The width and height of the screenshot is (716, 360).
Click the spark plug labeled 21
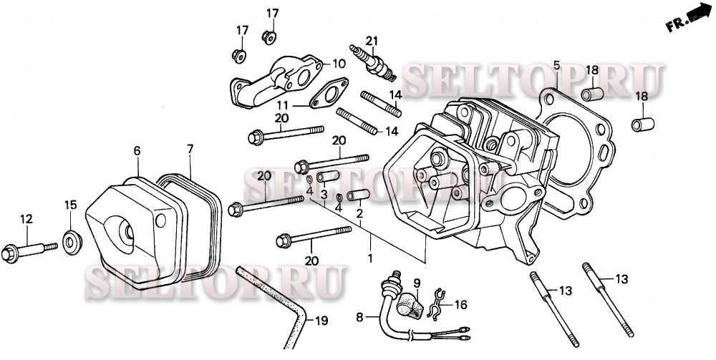[x=372, y=61]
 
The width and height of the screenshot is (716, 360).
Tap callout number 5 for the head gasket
[x=556, y=67]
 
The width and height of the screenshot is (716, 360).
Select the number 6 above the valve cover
[x=137, y=150]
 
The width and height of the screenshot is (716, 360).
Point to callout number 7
[x=190, y=149]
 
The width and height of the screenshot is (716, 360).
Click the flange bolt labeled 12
[x=29, y=251]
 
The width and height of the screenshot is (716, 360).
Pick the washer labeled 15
[x=72, y=238]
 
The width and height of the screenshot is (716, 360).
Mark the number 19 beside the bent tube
[x=321, y=321]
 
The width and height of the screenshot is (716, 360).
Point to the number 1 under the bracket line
[x=370, y=256]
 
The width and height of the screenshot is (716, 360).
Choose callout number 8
[x=359, y=316]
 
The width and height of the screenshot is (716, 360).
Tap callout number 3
[x=324, y=195]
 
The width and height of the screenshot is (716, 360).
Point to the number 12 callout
[x=26, y=219]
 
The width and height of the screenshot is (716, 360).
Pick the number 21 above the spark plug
[x=371, y=39]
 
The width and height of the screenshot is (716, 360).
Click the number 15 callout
[x=70, y=205]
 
